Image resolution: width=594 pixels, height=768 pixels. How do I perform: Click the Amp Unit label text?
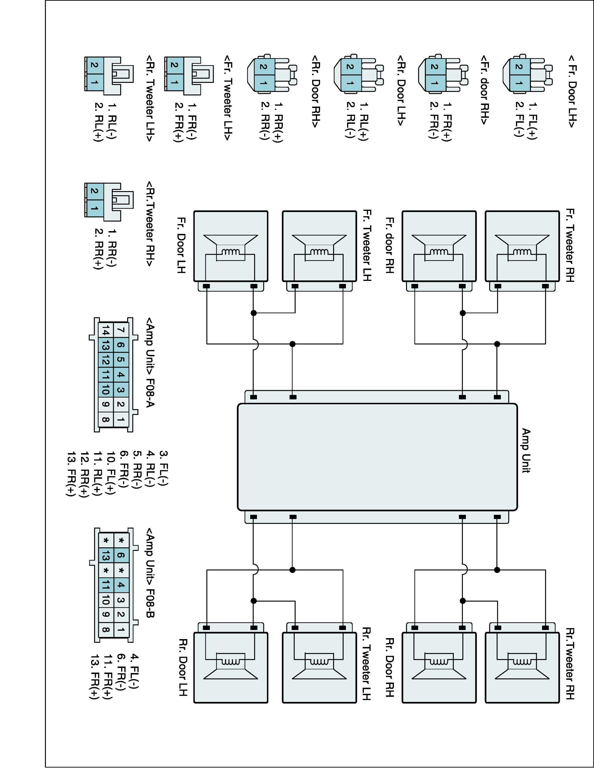point(526,451)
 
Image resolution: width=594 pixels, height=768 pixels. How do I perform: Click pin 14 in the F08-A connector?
point(106,330)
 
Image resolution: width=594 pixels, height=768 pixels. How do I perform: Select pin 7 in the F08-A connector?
point(121,330)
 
